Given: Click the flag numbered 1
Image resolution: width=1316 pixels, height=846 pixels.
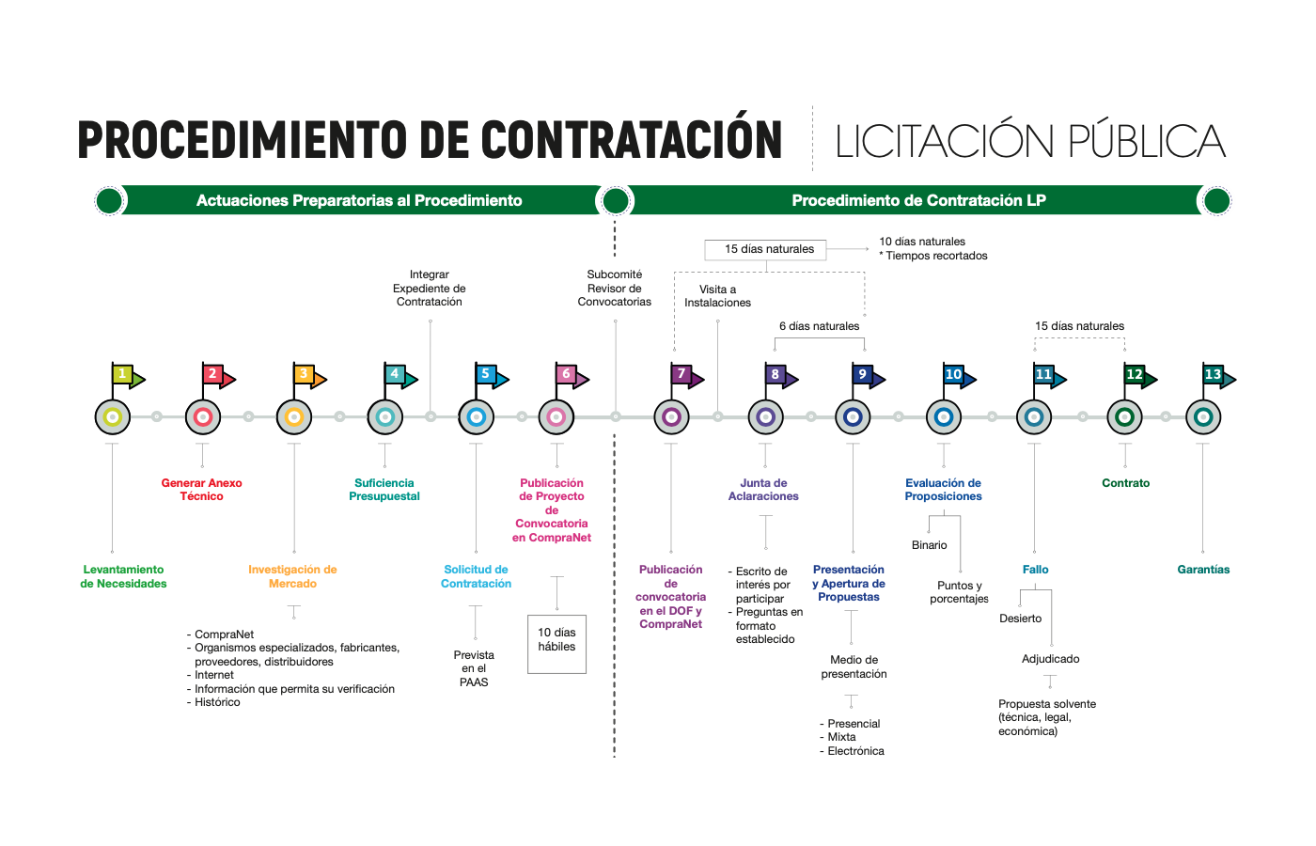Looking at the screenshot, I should pos(126,376).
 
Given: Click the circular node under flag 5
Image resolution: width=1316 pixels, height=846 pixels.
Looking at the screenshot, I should pos(476,416).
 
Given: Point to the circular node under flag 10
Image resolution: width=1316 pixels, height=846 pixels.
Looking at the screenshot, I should pos(944,416).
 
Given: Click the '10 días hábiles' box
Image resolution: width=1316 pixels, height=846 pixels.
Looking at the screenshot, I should pos(556,643).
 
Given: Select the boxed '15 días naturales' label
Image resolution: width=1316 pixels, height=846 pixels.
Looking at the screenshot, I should pos(766,249).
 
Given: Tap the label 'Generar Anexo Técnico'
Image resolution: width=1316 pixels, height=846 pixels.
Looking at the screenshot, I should pos(201,490).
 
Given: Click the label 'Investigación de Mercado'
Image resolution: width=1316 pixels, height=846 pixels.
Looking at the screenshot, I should pos(292,576).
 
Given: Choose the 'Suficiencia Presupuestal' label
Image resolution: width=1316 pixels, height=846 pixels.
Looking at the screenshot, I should pos(384,490).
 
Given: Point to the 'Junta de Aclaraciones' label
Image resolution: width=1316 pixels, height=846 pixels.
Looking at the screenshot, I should pos(763,490).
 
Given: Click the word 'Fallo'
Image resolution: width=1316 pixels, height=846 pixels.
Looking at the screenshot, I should pos(1035,570).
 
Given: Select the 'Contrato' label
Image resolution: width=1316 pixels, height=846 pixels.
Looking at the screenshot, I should pos(1125,483).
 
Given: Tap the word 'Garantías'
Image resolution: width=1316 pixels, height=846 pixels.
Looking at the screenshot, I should pos(1203,570).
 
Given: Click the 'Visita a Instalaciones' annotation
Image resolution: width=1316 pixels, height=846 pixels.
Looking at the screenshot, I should pos(717,296).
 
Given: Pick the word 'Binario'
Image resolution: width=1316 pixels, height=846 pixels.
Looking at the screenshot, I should pos(929,545).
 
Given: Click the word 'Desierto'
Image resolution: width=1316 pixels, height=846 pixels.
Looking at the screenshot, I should pos(1020,619).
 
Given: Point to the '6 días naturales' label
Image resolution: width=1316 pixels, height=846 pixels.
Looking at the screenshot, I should pos(819,326).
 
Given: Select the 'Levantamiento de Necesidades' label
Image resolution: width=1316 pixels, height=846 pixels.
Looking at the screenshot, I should pos(123,576).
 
